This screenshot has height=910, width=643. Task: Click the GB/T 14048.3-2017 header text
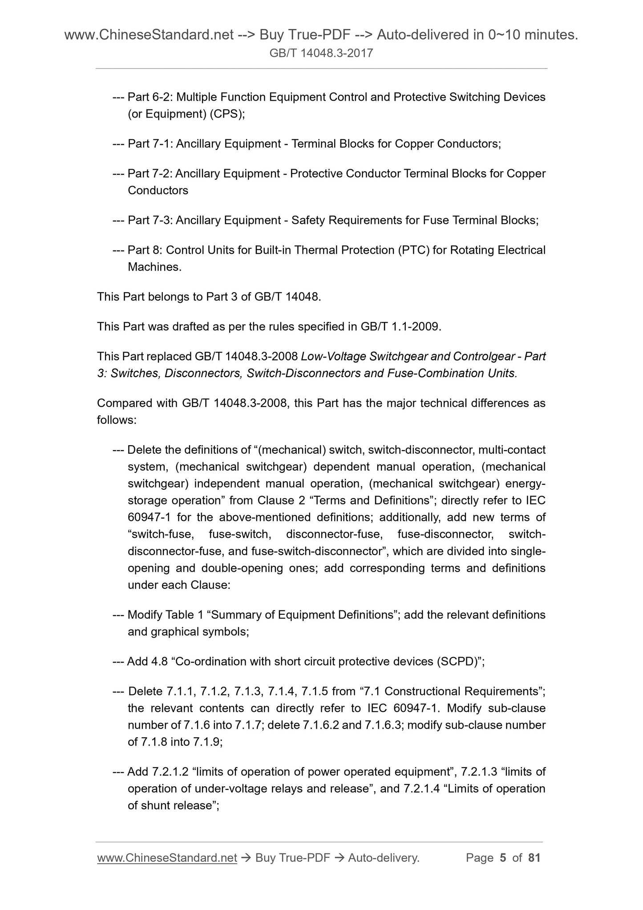pos(321,53)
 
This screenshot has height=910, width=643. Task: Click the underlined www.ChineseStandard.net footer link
pos(167,857)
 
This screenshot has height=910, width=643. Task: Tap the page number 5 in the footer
pos(503,857)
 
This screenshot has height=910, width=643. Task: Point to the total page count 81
pos(534,857)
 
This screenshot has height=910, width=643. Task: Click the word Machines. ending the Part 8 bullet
pos(154,267)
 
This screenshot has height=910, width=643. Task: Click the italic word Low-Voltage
pos(331,357)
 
